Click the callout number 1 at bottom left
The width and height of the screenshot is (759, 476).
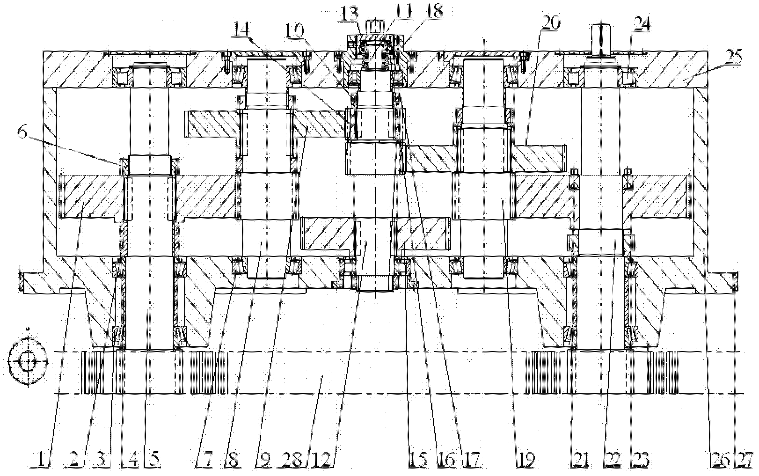pos(41,461)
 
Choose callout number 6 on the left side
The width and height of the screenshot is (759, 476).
pos(22,132)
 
